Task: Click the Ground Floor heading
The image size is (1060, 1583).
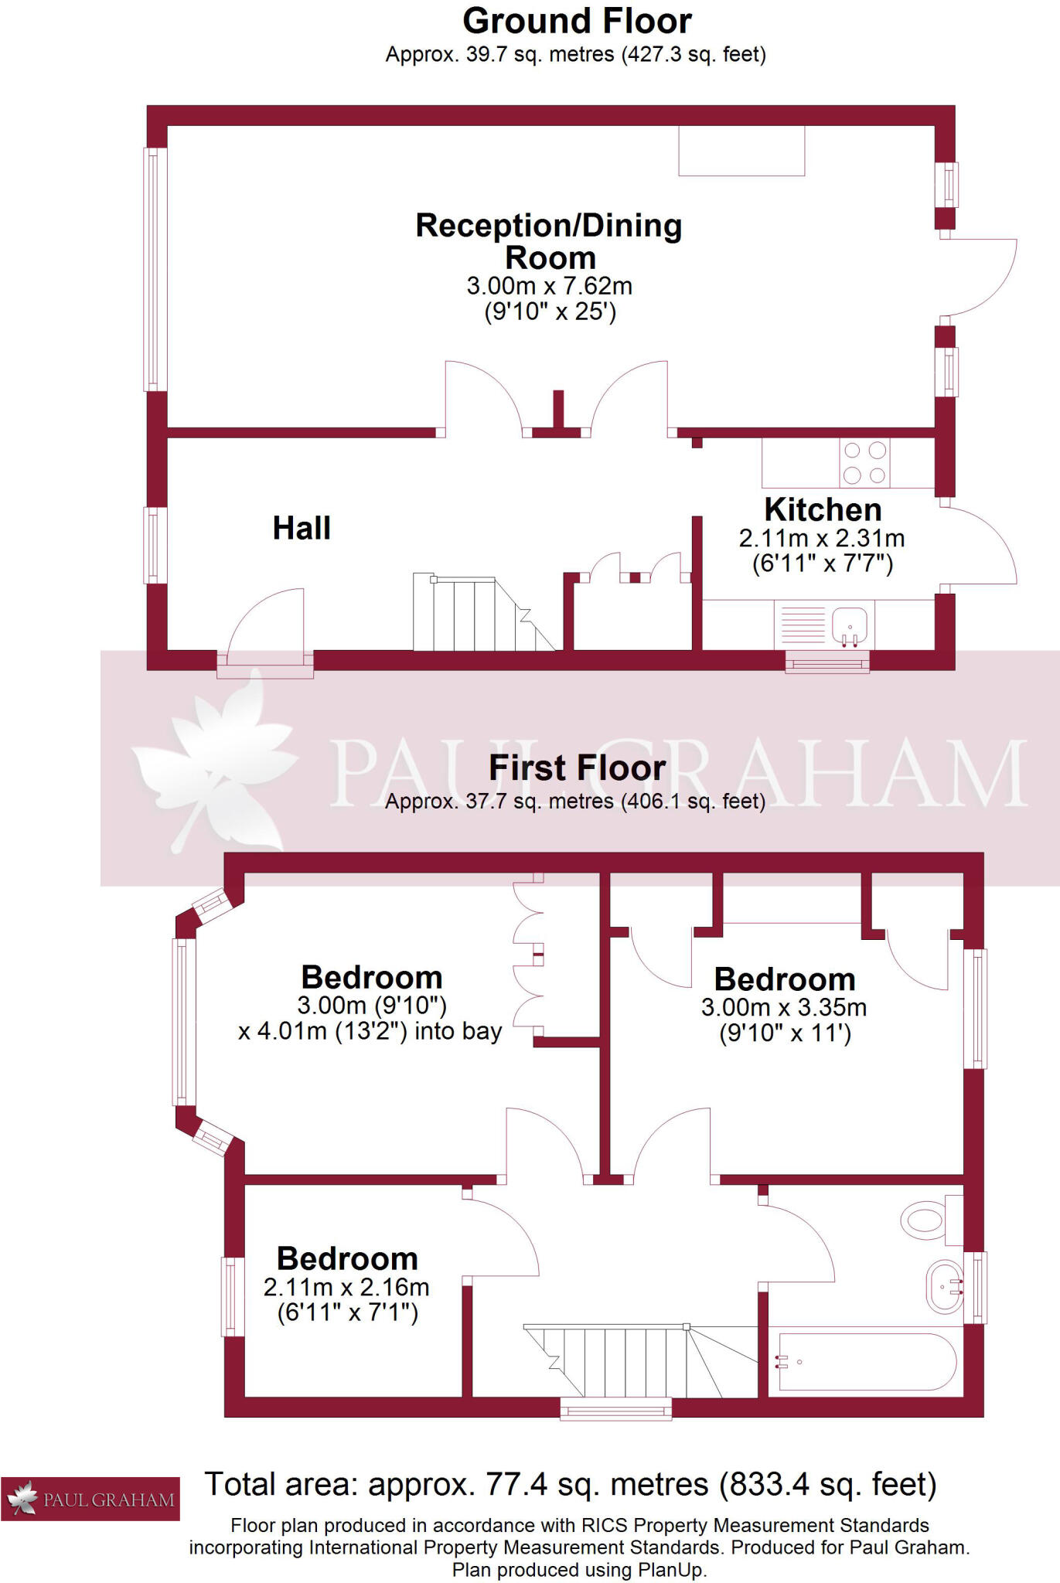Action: [x=577, y=21]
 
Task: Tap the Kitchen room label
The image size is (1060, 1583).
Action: [x=823, y=510]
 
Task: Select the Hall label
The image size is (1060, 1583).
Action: [x=302, y=529]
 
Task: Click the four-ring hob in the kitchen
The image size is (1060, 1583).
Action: [x=864, y=463]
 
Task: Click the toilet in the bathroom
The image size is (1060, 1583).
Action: [x=925, y=1220]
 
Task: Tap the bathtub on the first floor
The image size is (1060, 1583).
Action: [x=867, y=1362]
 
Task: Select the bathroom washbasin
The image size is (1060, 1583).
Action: [x=944, y=1287]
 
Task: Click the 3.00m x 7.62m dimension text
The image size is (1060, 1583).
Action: [x=549, y=286]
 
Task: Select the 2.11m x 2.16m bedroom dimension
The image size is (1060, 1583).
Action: [x=346, y=1287]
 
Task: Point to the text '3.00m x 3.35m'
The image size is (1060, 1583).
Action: [x=783, y=1008]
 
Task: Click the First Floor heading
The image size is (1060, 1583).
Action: [x=577, y=768]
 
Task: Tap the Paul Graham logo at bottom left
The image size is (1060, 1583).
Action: [x=90, y=1500]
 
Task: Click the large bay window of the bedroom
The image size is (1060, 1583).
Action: [x=182, y=1022]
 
